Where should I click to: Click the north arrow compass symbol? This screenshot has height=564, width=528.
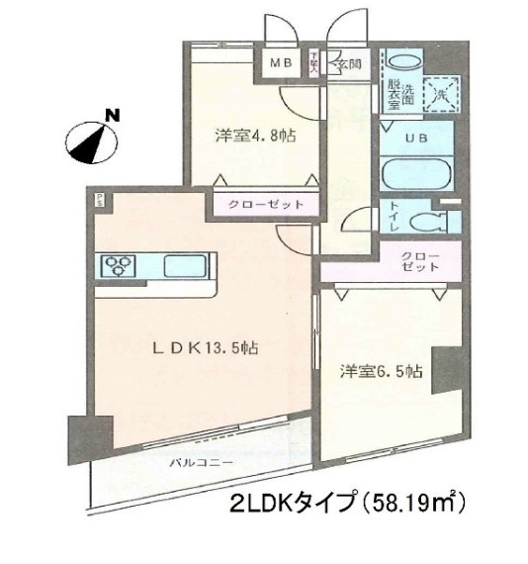(99, 140)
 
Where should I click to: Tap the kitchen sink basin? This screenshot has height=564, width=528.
(184, 265)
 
